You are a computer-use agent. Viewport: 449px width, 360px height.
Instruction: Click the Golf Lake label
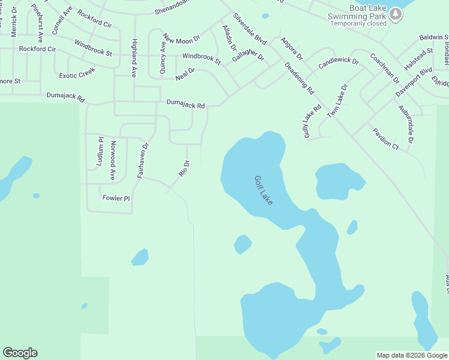pyautogui.click(x=264, y=190)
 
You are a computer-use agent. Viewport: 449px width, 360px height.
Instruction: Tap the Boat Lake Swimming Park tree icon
pyautogui.click(x=395, y=13)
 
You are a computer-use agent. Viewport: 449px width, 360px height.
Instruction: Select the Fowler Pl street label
pyautogui.click(x=116, y=198)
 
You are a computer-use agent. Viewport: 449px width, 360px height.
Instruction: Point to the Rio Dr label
pyautogui.click(x=184, y=167)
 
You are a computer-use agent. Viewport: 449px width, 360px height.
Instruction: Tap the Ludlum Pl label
pyautogui.click(x=100, y=152)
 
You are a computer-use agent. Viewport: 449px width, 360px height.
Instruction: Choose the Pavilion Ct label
pyautogui.click(x=385, y=137)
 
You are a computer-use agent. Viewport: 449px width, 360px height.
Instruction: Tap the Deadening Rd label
pyautogui.click(x=300, y=79)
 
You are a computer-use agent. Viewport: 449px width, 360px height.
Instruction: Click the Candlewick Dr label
pyautogui.click(x=338, y=62)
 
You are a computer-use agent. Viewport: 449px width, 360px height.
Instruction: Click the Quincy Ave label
pyautogui.click(x=163, y=57)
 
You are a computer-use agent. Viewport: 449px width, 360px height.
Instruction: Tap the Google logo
pyautogui.click(x=20, y=353)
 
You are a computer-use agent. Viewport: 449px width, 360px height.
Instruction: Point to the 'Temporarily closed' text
pyautogui.click(x=358, y=24)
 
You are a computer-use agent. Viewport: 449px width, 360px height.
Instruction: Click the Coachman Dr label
pyautogui.click(x=385, y=68)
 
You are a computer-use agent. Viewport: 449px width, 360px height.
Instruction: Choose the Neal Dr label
pyautogui.click(x=185, y=74)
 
